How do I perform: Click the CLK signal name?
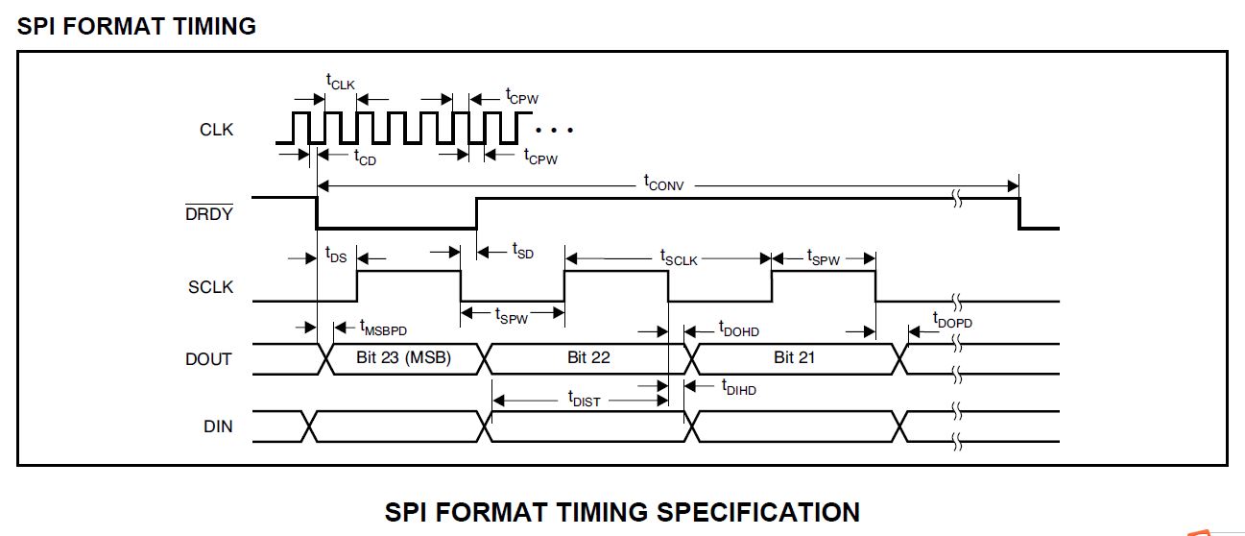pos(216,130)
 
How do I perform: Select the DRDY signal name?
pos(209,214)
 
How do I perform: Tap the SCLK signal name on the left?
pos(210,287)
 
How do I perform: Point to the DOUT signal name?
pos(208,359)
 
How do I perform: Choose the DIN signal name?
pos(218,426)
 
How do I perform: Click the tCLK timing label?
pos(340,84)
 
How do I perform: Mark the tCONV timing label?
pos(663,183)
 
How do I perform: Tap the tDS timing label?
pos(336,256)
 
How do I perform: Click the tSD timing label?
pos(522,252)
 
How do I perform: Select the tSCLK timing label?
pos(678,257)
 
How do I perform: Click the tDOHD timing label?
pos(738,329)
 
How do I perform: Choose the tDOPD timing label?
pos(951,320)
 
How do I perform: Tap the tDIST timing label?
pos(584,399)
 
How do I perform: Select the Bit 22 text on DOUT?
pos(588,358)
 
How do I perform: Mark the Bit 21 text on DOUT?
pos(795,358)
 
